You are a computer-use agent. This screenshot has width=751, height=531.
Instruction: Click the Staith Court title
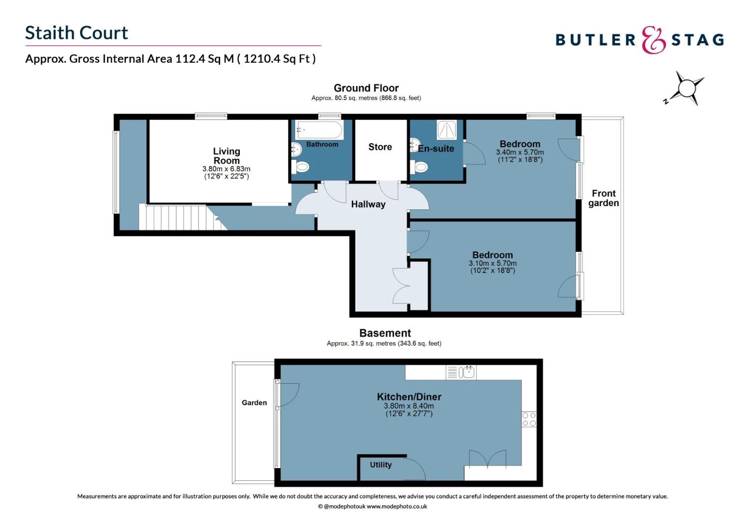[77, 33]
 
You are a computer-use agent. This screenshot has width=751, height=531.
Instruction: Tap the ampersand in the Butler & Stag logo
[653, 40]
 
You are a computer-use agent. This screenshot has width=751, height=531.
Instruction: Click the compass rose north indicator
[686, 89]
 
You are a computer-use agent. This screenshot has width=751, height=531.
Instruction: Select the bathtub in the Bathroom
[319, 130]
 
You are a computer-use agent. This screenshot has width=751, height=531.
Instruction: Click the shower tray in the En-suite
[447, 130]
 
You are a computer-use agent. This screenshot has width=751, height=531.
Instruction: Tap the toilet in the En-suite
[420, 167]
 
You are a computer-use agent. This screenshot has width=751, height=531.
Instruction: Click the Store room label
[380, 147]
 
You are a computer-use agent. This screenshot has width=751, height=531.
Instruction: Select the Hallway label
[368, 205]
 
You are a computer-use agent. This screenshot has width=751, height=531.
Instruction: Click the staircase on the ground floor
[177, 217]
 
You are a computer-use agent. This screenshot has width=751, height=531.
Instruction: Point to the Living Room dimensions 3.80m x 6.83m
[226, 169]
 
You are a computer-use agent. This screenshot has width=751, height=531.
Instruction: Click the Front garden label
[604, 198]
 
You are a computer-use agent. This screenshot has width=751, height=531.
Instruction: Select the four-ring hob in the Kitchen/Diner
[529, 419]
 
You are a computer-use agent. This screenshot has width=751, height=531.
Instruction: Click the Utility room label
[380, 465]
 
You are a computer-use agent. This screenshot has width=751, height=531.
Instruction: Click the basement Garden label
[254, 403]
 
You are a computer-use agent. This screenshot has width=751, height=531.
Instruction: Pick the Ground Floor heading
[366, 88]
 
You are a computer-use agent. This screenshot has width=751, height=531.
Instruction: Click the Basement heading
[385, 333]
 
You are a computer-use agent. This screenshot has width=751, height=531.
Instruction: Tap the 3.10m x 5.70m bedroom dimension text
[492, 263]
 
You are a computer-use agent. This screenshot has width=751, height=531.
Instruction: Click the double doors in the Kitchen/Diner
[487, 459]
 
